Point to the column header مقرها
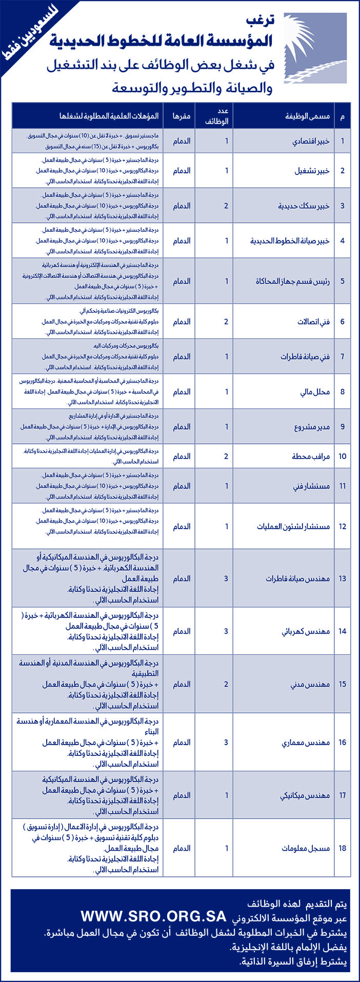(182, 116)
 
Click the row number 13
(342, 578)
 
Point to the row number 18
(342, 848)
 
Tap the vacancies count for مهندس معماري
(226, 742)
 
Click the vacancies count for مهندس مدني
(226, 684)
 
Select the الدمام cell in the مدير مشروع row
(182, 427)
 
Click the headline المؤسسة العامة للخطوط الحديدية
(162, 43)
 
